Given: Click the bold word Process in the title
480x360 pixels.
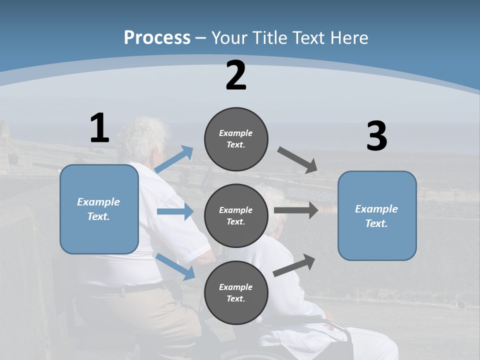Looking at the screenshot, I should click(157, 37).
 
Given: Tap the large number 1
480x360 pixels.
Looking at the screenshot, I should click(99, 128).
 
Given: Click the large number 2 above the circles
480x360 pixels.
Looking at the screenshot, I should click(236, 75).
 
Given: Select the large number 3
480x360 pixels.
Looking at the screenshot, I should click(376, 136).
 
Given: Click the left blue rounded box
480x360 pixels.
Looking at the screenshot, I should click(99, 209).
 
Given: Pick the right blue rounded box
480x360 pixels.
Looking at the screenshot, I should click(377, 215).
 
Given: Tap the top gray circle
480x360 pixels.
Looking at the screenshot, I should click(236, 139).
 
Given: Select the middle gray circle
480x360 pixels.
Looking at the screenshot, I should click(236, 215).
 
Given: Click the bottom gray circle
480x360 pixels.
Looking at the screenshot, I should click(236, 292).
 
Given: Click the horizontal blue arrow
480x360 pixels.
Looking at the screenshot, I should click(175, 211).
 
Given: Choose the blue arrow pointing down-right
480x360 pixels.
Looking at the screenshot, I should click(176, 266).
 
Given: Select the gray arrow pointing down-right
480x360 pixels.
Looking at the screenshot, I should click(297, 160).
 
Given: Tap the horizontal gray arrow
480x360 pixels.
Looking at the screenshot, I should click(296, 210).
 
